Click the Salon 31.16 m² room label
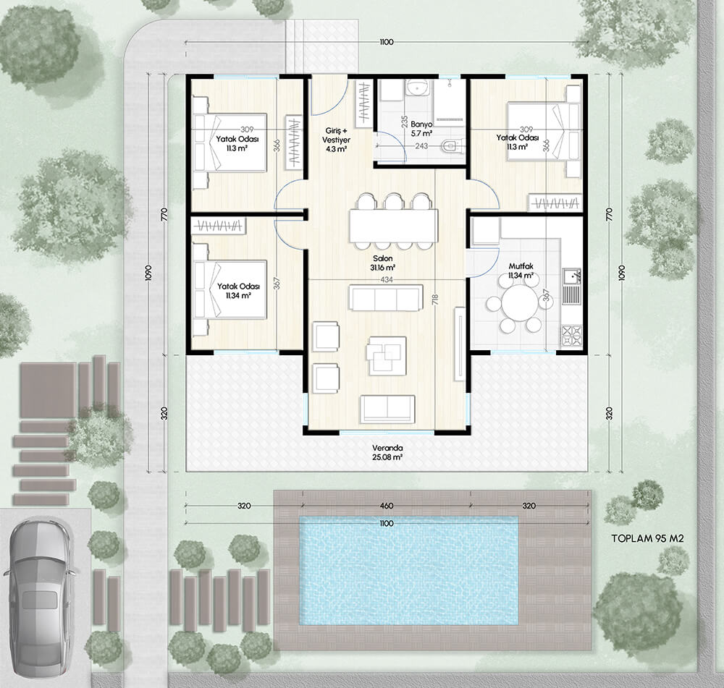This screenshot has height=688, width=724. click(382, 263)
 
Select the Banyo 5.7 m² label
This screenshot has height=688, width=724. click(421, 129)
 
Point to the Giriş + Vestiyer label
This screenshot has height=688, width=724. click(336, 140)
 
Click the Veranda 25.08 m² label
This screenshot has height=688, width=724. click(387, 453)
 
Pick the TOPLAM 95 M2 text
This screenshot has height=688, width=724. click(647, 538)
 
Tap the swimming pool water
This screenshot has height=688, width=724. click(408, 570)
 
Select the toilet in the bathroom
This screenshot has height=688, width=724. click(450, 146)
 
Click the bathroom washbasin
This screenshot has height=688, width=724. click(418, 88)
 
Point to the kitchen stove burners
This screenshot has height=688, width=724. click(571, 336)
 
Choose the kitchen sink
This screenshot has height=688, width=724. click(572, 286)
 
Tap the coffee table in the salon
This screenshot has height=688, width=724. click(387, 354)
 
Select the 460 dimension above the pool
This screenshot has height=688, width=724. click(387, 506)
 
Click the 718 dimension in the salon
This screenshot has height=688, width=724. click(435, 299)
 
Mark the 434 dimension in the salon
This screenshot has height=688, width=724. click(387, 280)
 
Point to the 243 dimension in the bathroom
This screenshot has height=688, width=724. click(421, 146)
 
